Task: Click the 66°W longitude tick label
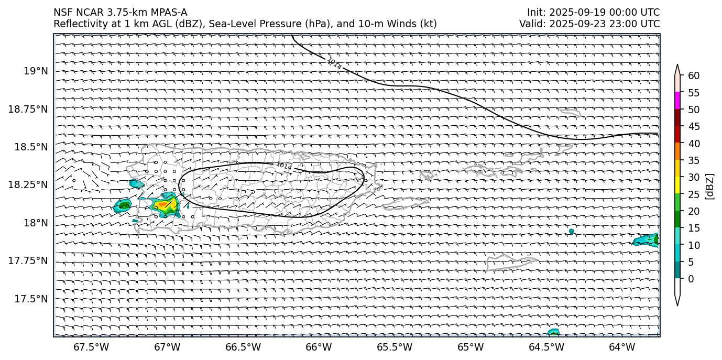(x=319, y=347)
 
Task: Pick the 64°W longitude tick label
(x=622, y=347)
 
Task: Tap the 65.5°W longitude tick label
(x=394, y=347)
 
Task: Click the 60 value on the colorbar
(x=694, y=76)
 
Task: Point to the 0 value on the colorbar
(x=691, y=279)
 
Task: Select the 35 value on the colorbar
(x=694, y=160)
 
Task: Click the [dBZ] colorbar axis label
(x=710, y=186)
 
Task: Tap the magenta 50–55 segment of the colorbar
(x=677, y=101)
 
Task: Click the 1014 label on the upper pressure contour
(x=334, y=64)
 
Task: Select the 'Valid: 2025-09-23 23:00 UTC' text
(x=589, y=24)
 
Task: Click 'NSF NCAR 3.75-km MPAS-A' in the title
(x=120, y=13)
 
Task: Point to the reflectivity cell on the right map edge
(x=647, y=240)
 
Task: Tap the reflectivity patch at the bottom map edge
(x=553, y=332)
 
